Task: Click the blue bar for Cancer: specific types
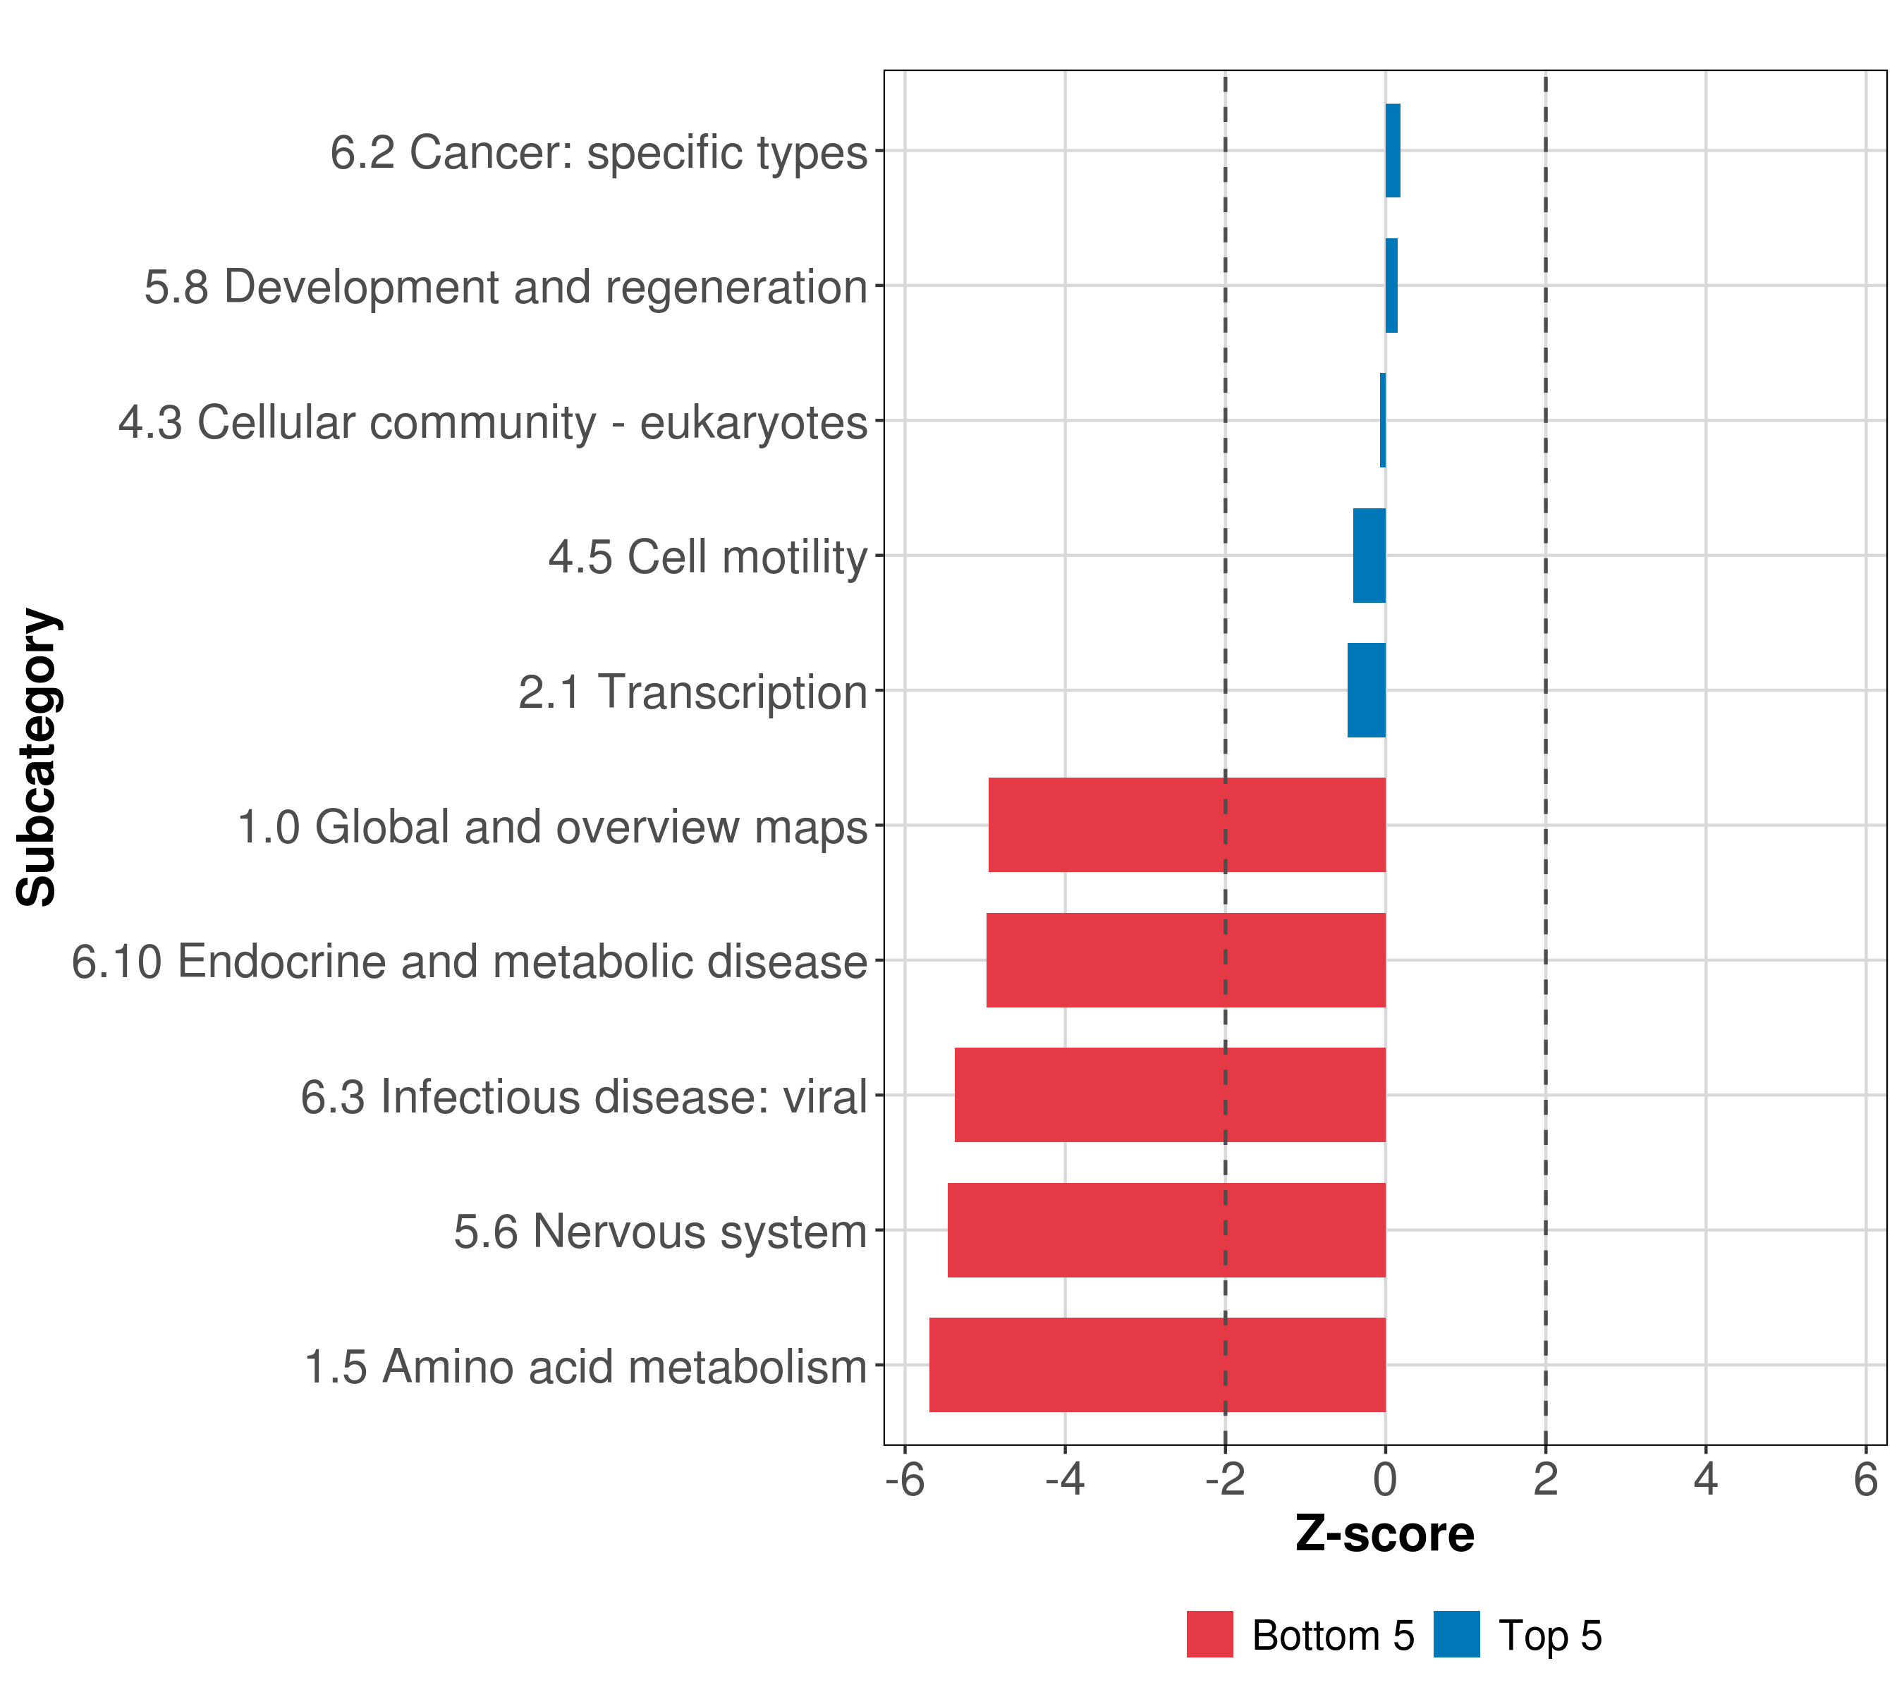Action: click(x=1393, y=151)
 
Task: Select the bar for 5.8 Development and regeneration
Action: click(x=1391, y=286)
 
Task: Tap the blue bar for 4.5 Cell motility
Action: click(x=1369, y=556)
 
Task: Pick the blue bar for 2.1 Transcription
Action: click(x=1367, y=690)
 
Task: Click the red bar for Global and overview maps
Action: click(x=1187, y=825)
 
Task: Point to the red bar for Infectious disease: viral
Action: click(x=1170, y=1095)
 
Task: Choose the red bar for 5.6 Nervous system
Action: click(x=1166, y=1230)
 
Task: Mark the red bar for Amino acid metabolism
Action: click(x=1157, y=1365)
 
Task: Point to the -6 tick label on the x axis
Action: click(x=905, y=1480)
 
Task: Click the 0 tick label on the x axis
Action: click(x=1385, y=1480)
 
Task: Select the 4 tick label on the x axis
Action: click(x=1706, y=1480)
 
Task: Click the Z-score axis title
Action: click(x=1384, y=1535)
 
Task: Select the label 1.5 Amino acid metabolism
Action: click(x=586, y=1367)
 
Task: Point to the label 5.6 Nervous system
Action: click(x=661, y=1232)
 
